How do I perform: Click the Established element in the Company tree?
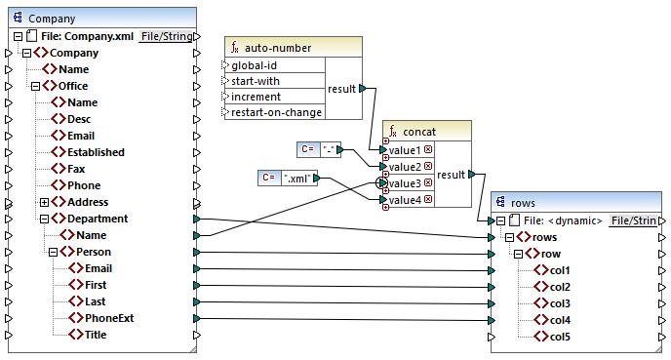tap(95, 152)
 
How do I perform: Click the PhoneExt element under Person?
tap(109, 318)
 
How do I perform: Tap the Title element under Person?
tap(96, 335)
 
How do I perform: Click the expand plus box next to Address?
tap(44, 202)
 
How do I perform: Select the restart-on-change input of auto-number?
tap(276, 112)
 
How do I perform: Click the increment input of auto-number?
tap(257, 97)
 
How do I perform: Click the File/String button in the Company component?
tap(165, 36)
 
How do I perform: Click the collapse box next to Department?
tap(44, 219)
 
